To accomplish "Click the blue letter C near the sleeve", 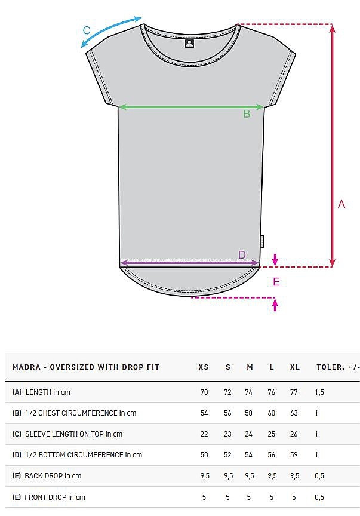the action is point(87,30).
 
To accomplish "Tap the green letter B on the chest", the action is point(247,114).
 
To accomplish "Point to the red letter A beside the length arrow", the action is point(341,204).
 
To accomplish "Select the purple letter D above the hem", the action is point(242,254).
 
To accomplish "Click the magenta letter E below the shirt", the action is point(276,282).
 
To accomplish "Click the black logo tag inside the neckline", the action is point(189,44).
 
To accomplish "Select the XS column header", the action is point(204,367).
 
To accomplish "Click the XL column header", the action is point(295,367).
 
